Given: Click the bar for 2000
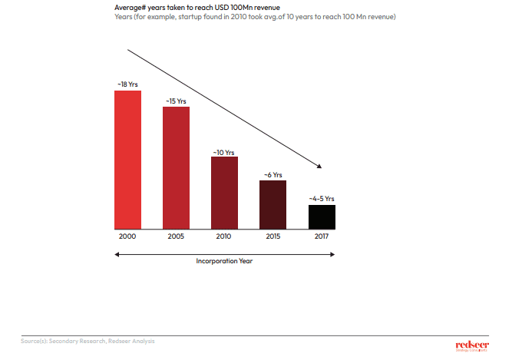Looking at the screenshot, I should point(127,160).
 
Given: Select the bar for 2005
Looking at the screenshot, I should point(176,167).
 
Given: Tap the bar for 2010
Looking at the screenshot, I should point(224,193).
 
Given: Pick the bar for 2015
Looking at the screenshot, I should point(273,205).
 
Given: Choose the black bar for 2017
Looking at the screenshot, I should point(322,216).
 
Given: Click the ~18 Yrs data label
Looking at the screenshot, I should point(127,83).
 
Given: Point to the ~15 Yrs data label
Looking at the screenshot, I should point(176,100).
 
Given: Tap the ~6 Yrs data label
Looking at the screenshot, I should point(273,174).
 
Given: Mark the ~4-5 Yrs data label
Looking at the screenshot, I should point(322,199).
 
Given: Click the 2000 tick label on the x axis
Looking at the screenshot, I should point(127,237).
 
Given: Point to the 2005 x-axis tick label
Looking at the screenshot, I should point(176,237).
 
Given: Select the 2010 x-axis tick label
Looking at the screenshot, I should point(224,237).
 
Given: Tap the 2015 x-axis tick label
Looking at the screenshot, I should point(273,237).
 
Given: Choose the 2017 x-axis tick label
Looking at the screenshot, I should point(322,237).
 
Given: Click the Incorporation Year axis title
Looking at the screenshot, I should point(224,261).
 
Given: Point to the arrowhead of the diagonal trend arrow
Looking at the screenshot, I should point(317,167).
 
